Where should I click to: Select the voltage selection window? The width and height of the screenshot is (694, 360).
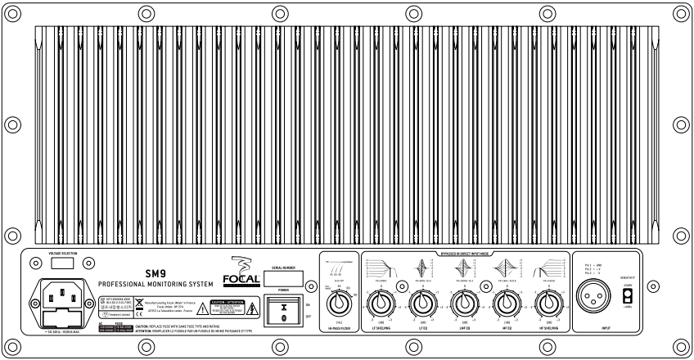pyautogui.click(x=62, y=264)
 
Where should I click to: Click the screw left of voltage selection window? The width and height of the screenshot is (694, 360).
pyautogui.click(x=34, y=264)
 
